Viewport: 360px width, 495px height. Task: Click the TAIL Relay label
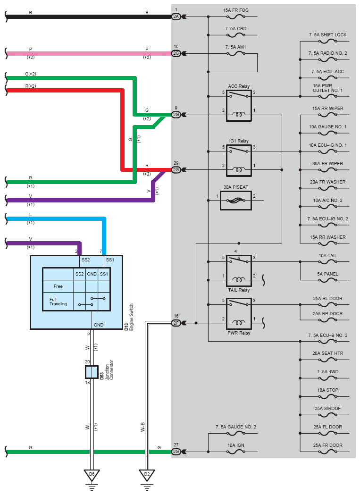click(x=239, y=290)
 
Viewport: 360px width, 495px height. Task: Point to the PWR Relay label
click(x=239, y=333)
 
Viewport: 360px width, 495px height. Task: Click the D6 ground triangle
click(x=92, y=475)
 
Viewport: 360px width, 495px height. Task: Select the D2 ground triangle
click(x=147, y=475)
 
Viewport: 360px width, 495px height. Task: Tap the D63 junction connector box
click(x=92, y=372)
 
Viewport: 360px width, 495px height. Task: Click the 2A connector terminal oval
click(x=176, y=17)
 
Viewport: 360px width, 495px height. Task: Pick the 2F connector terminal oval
click(x=176, y=323)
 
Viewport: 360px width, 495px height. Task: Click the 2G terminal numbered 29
click(x=176, y=170)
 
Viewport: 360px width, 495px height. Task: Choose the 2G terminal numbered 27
click(x=176, y=452)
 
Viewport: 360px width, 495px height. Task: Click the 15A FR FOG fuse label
click(x=236, y=10)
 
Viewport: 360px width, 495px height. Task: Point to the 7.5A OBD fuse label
click(x=236, y=28)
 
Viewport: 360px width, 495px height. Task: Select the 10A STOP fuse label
click(x=328, y=390)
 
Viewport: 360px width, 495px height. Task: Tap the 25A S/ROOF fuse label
click(x=328, y=408)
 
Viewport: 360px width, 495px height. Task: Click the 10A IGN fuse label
click(x=236, y=445)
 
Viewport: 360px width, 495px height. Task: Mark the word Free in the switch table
click(x=58, y=286)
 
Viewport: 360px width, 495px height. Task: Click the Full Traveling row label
click(x=58, y=302)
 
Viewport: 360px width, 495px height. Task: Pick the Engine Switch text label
click(x=131, y=317)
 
